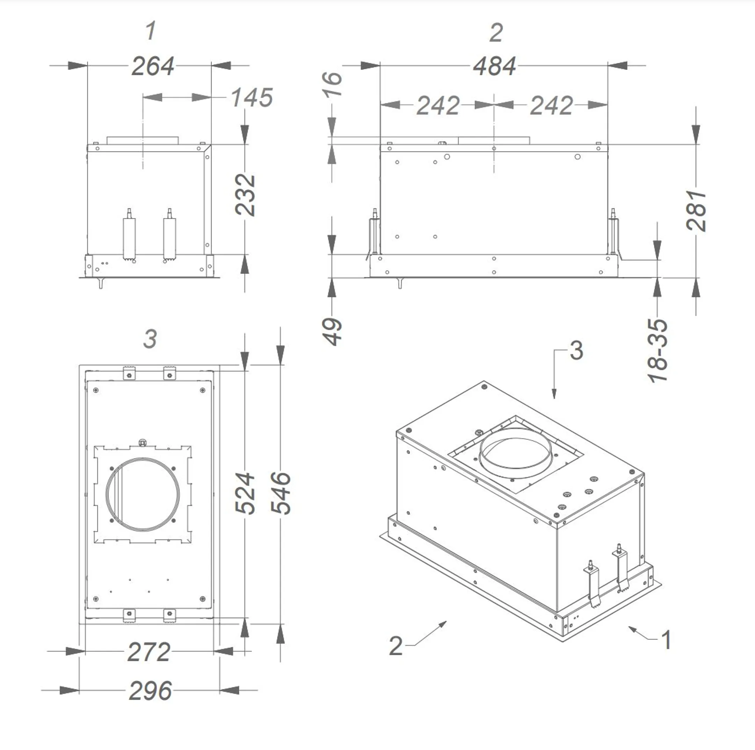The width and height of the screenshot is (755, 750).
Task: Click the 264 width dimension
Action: [153, 66]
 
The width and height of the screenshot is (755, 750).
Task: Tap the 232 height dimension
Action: [245, 195]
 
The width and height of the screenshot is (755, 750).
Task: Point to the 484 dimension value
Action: [494, 66]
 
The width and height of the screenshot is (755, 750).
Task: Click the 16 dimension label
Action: [332, 84]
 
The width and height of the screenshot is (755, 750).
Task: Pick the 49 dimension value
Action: [332, 332]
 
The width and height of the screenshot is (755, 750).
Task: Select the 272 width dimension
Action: [149, 652]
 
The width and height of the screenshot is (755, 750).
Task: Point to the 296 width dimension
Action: [150, 691]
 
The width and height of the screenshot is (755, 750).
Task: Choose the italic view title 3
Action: [150, 339]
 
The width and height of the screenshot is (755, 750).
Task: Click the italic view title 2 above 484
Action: [496, 32]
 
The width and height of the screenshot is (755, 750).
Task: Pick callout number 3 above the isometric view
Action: [576, 350]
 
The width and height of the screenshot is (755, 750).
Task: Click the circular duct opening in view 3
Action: [143, 494]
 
